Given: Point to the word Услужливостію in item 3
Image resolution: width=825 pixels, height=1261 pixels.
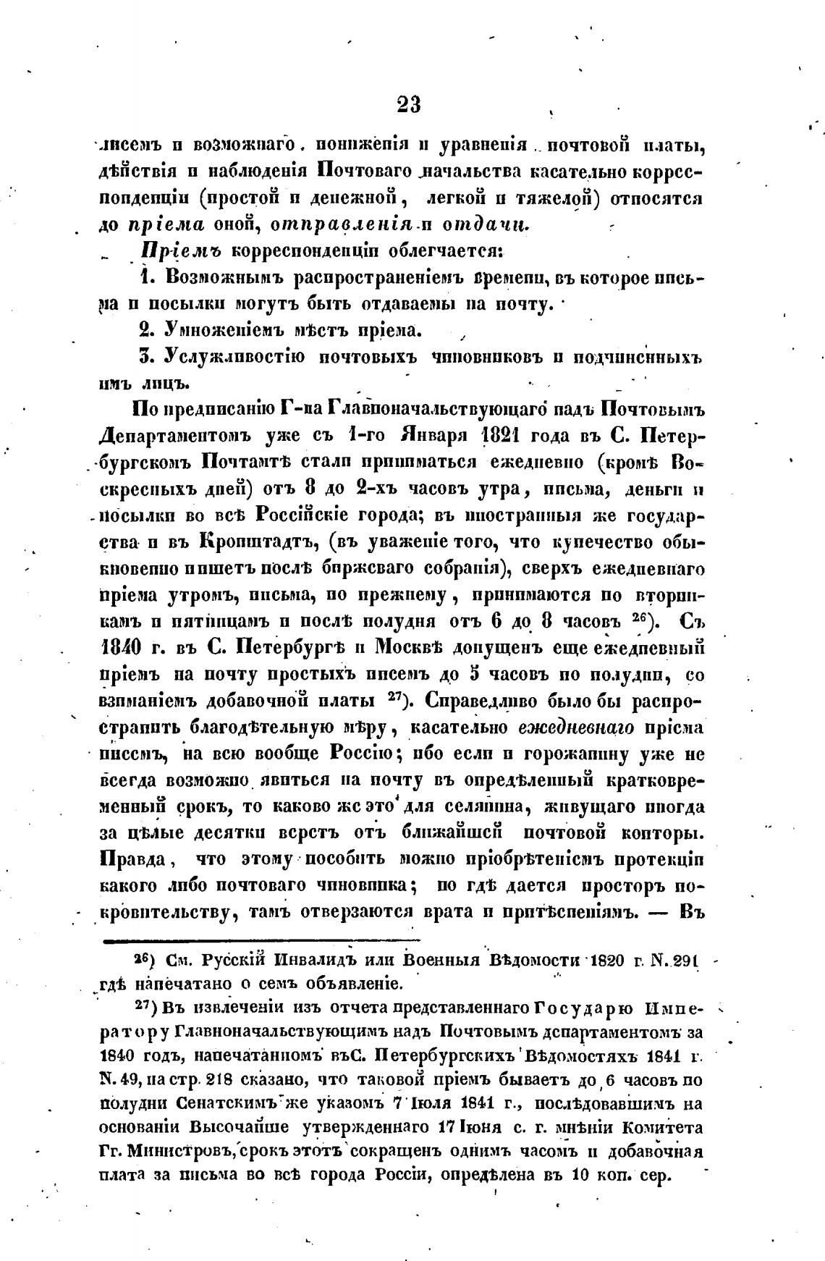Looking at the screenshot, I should pyautogui.click(x=234, y=357).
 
